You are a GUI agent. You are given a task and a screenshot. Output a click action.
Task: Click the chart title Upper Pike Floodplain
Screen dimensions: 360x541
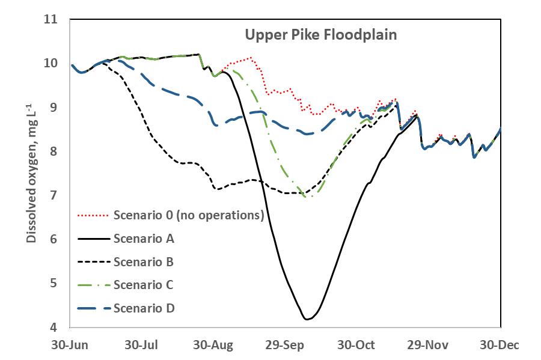(320, 35)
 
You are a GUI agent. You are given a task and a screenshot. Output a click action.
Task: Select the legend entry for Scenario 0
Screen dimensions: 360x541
(189, 215)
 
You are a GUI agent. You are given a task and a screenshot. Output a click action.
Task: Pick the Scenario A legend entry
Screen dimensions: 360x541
(144, 239)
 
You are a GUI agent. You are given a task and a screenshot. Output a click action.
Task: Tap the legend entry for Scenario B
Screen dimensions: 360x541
(143, 262)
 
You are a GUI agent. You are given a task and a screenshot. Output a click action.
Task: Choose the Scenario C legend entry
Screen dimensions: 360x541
(144, 285)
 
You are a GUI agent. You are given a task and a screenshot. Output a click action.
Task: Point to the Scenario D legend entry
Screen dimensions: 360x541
(144, 308)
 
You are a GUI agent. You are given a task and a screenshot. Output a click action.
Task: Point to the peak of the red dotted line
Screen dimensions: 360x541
(250, 58)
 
